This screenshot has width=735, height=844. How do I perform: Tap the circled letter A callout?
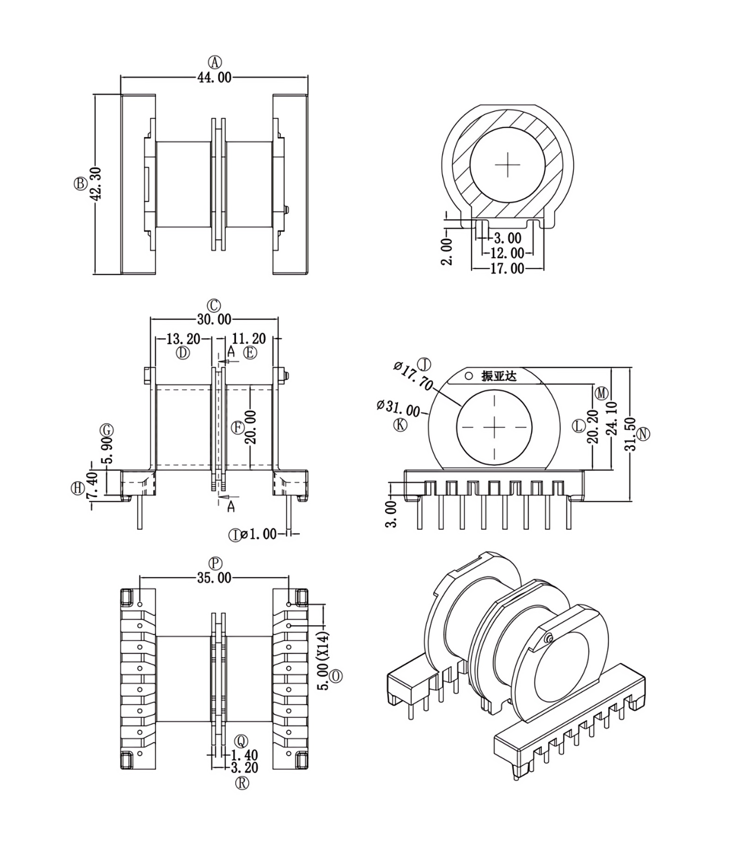214,62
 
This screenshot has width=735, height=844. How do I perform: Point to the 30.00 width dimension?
214,319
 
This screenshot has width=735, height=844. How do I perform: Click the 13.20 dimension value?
183,339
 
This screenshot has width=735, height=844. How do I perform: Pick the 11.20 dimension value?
249,339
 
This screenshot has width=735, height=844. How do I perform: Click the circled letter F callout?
237,428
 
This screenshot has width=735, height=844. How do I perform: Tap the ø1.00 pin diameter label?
259,534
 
